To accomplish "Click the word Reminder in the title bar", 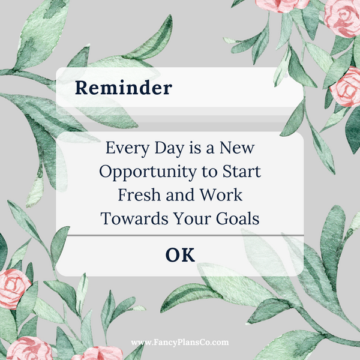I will point(123,88).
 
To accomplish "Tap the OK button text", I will point(180,255).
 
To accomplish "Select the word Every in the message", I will point(124,148).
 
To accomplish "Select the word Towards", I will point(131,219).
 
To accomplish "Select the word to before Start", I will point(210,172).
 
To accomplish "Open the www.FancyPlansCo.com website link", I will point(180,343).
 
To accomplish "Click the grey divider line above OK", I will point(180,236).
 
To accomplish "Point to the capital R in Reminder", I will point(83,88).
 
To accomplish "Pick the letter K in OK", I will point(188,255).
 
